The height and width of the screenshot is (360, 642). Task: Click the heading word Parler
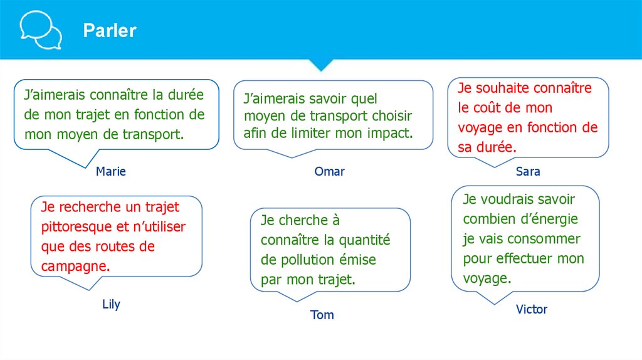pyautogui.click(x=110, y=31)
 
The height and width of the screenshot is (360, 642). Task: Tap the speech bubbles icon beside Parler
pyautogui.click(x=40, y=29)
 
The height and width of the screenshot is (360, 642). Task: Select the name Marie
pyautogui.click(x=111, y=171)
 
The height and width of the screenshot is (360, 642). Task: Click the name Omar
pyautogui.click(x=330, y=171)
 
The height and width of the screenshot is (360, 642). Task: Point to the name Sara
pyautogui.click(x=528, y=171)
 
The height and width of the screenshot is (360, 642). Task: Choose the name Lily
pyautogui.click(x=111, y=305)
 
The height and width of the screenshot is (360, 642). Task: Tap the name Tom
pyautogui.click(x=322, y=315)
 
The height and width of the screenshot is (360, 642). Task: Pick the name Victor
pyautogui.click(x=532, y=309)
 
